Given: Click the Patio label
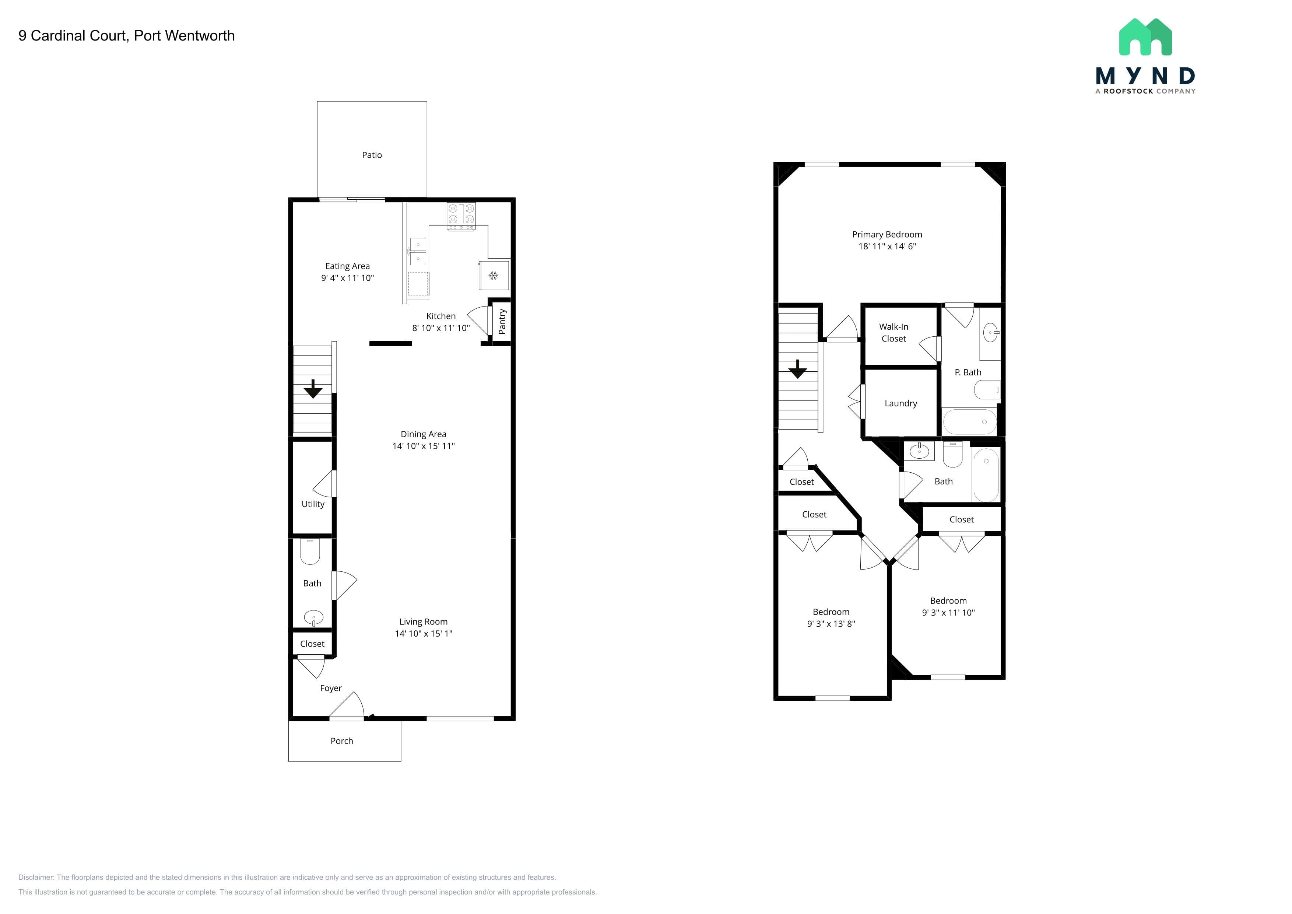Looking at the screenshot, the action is (x=372, y=155).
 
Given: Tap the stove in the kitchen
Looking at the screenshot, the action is (x=461, y=217).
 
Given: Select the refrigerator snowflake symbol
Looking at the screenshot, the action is (x=494, y=275).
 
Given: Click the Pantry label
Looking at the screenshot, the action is (x=502, y=321).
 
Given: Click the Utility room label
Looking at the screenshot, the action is (x=313, y=504).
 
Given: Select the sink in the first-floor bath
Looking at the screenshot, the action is (x=313, y=618).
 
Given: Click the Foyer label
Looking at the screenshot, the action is (x=331, y=688).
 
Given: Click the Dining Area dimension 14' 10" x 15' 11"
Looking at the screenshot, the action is (x=424, y=446).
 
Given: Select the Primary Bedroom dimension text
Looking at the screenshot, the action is (x=887, y=246).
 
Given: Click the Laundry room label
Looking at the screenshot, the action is (x=901, y=403).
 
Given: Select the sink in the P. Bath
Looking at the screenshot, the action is (x=991, y=333).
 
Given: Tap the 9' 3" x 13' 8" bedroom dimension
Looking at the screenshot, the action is (x=831, y=624).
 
